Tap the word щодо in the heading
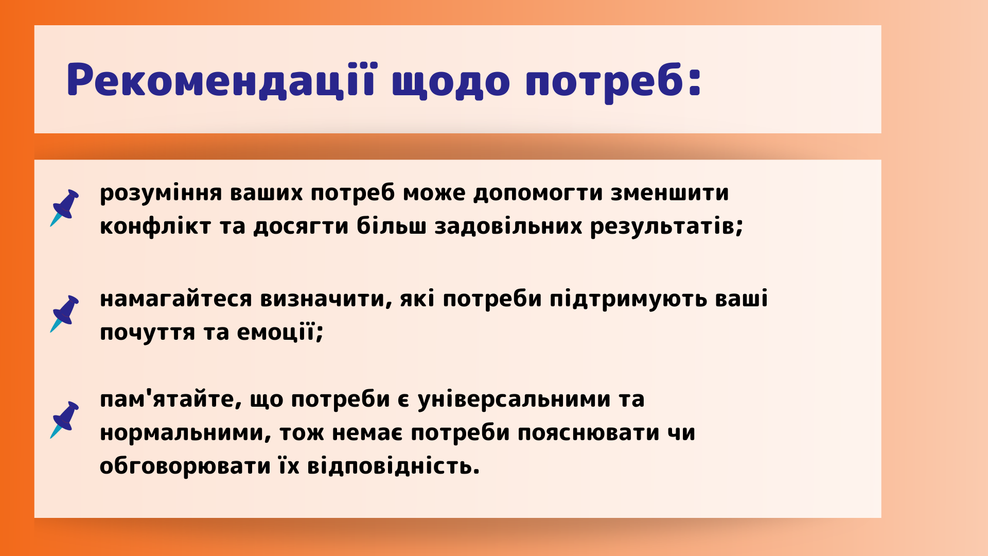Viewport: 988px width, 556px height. pos(451,82)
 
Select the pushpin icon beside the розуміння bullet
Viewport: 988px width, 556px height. pos(64,207)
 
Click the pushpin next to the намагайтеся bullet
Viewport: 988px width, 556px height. pos(64,314)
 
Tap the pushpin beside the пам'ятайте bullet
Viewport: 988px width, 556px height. pos(64,420)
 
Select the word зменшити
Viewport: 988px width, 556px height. pos(670,193)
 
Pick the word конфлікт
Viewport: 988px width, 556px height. pos(155,226)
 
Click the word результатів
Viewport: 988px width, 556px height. pos(663,227)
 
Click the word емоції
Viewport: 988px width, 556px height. pos(276,332)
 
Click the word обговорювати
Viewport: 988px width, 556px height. pos(185,466)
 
